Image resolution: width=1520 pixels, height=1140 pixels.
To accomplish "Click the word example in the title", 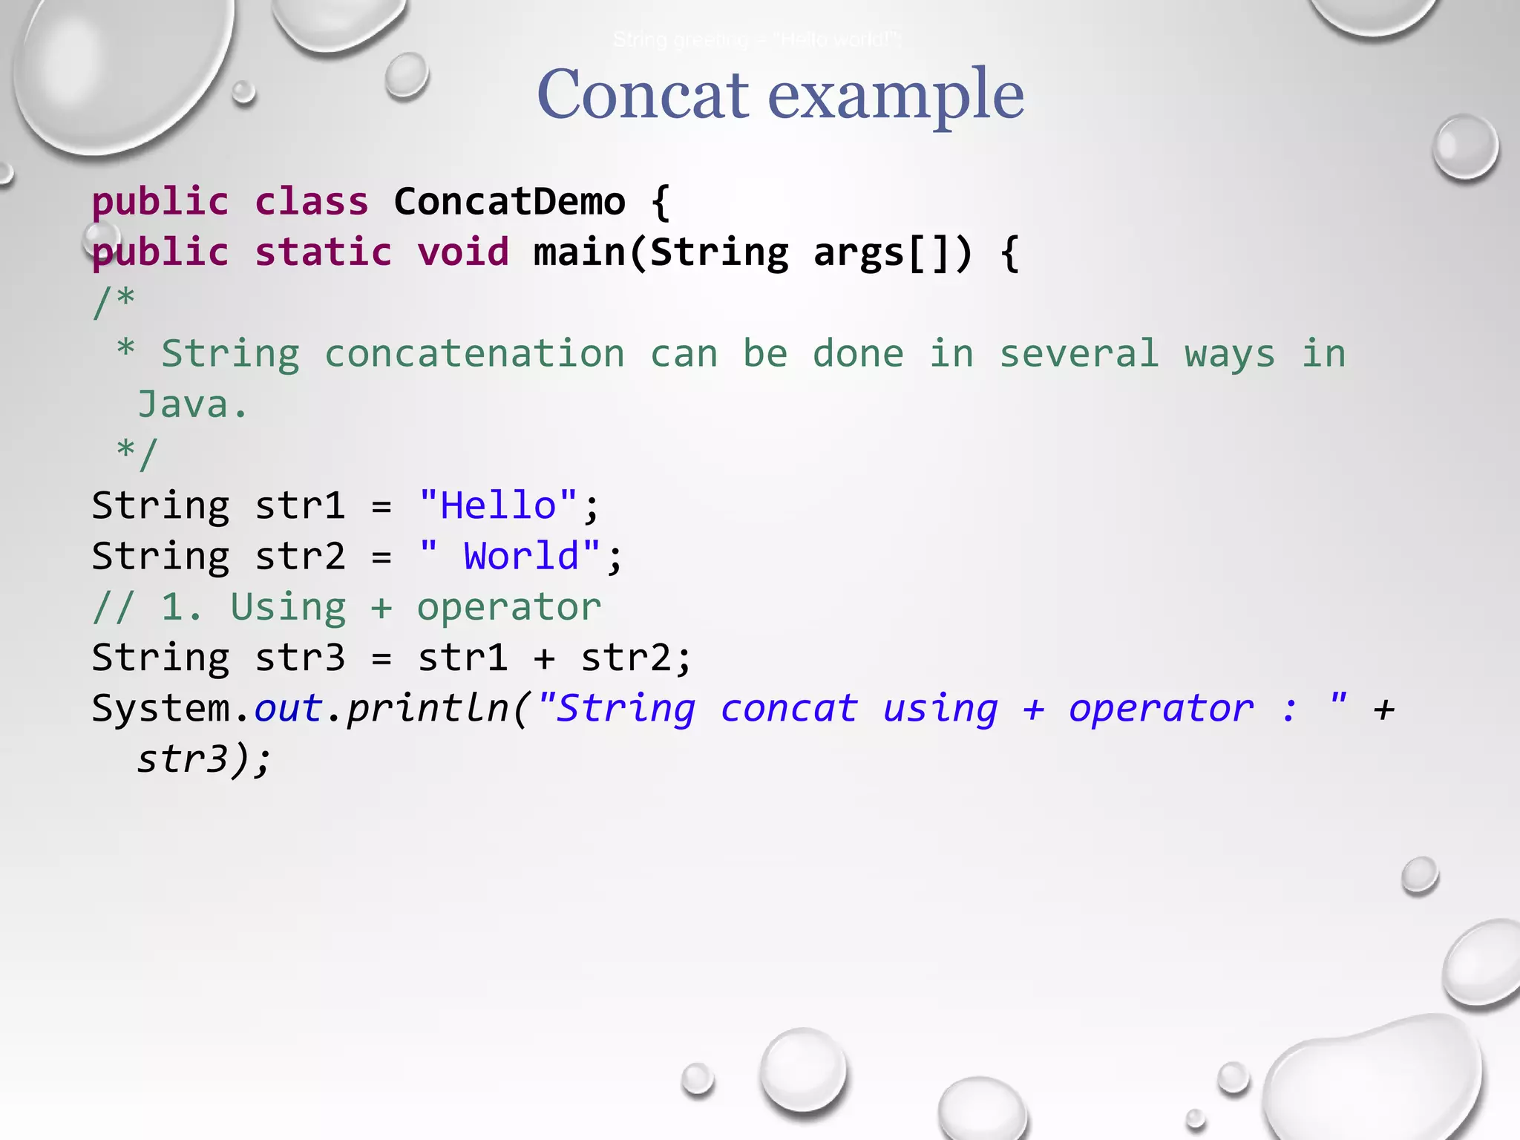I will (896, 96).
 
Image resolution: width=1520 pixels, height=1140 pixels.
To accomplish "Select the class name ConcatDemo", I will (509, 202).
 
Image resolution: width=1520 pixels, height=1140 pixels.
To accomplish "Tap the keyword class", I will (312, 202).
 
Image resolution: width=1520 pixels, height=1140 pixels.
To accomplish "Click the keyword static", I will (324, 252).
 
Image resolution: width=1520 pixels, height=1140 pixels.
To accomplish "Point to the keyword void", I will (463, 252).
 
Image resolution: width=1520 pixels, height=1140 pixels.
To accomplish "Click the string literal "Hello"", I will (498, 505).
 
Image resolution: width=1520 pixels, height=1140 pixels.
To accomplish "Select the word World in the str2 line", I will (521, 556).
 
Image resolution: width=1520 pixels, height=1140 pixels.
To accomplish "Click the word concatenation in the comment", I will (475, 353).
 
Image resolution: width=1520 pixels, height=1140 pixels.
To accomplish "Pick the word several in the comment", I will (1079, 353).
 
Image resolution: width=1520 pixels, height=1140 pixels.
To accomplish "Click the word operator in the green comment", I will (509, 607).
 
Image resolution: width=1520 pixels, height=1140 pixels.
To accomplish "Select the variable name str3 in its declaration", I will (300, 658).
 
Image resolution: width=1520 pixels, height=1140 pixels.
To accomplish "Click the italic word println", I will (427, 708).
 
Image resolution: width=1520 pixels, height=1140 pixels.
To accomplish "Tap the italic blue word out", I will (288, 708).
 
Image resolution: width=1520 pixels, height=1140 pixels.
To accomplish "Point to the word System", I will (160, 708).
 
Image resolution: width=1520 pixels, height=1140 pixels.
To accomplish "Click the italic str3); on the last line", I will (205, 759).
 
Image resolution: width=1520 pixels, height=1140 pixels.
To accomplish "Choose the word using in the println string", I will (940, 708).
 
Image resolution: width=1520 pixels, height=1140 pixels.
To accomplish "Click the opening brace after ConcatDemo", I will (661, 202).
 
